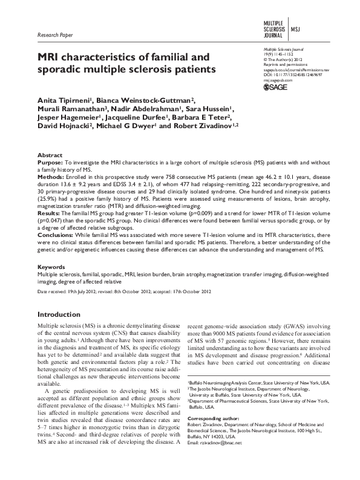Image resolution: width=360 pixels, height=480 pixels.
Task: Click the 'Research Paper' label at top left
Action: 55,36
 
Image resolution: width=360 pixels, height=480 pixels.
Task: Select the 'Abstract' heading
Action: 50,155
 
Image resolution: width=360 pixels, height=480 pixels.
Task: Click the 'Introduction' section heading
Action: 64,315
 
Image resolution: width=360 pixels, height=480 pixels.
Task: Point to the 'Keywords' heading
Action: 52,266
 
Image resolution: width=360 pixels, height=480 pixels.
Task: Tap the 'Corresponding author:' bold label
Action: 212,418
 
